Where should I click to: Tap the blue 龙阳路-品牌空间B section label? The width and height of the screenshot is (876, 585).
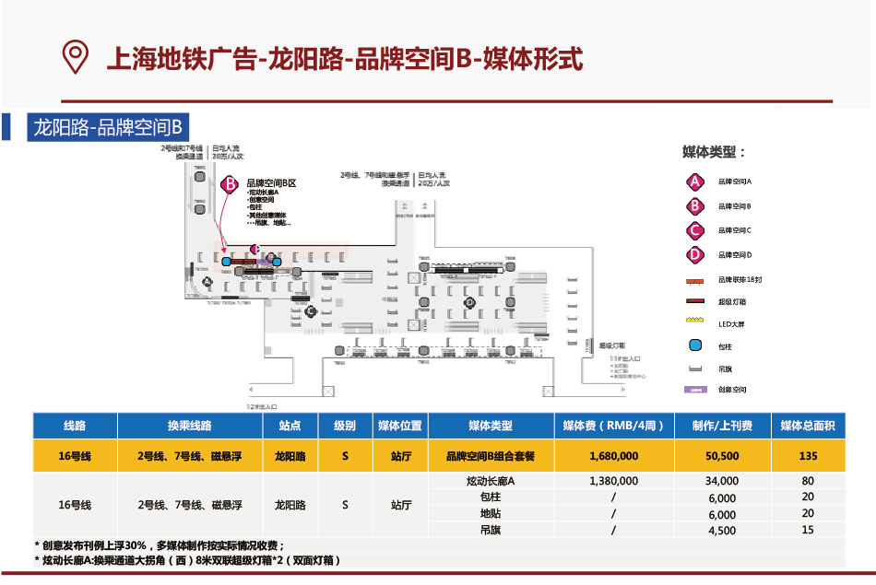tap(110, 126)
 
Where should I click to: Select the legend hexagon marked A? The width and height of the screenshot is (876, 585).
tap(695, 181)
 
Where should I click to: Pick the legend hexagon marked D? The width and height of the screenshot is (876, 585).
tap(695, 254)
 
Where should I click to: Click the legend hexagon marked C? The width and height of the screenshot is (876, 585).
tap(695, 230)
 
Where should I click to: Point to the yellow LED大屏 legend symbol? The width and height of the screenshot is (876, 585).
tap(696, 322)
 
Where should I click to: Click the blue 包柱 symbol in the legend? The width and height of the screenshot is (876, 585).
tap(696, 346)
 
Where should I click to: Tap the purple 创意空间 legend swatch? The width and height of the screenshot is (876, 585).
tap(696, 390)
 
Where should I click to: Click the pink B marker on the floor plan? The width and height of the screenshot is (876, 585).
tap(231, 183)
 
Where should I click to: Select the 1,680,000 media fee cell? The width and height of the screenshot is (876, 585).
tap(613, 456)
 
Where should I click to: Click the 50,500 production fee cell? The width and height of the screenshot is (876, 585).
tap(722, 456)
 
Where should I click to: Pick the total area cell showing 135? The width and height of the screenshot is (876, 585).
tap(808, 456)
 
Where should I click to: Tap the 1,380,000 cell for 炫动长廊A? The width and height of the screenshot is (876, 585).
tap(613, 481)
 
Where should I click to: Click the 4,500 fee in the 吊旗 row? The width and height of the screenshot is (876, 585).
tap(722, 531)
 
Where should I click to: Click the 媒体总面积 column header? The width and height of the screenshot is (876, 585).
tap(808, 427)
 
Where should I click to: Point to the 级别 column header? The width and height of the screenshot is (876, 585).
tap(345, 427)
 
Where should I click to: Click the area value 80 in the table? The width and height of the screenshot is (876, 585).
tap(808, 481)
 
